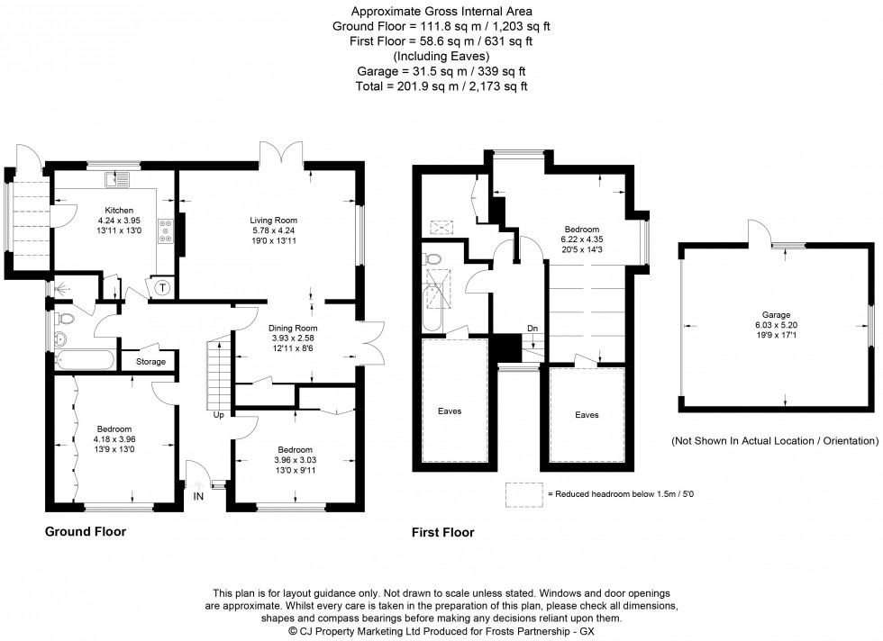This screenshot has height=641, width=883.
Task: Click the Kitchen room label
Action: (x=115, y=210)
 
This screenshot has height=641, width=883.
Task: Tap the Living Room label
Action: (x=274, y=220)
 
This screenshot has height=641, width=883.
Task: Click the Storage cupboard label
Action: (x=150, y=362)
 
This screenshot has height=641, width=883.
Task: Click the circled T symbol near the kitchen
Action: (x=163, y=288)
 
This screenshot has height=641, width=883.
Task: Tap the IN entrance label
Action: (x=197, y=495)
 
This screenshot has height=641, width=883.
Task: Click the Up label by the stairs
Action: (x=218, y=415)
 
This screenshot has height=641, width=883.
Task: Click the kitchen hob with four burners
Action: (x=166, y=232)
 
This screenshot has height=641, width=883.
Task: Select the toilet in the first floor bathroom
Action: (x=432, y=260)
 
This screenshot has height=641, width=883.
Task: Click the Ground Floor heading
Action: (x=86, y=532)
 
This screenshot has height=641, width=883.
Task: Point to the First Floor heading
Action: (x=442, y=533)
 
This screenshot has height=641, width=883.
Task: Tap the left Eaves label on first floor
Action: (x=450, y=411)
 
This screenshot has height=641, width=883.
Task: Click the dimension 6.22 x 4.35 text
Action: (x=582, y=239)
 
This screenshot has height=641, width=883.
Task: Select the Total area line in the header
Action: (x=441, y=86)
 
